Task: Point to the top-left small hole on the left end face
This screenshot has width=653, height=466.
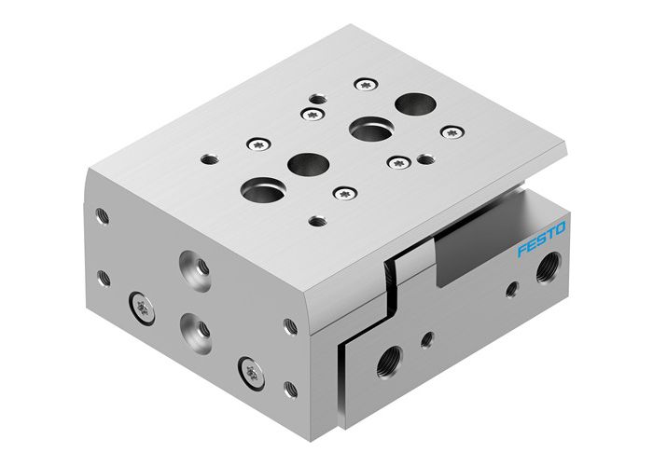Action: (103, 216)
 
